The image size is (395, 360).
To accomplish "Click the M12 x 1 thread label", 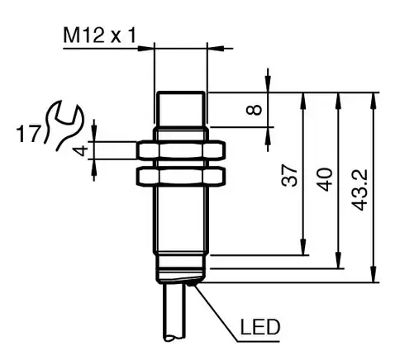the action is [x=99, y=36].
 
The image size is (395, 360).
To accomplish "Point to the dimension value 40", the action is [x=325, y=180].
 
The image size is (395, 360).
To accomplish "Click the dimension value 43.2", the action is [x=359, y=190].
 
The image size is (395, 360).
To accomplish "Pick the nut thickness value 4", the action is [x=81, y=151].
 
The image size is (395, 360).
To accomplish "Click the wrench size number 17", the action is [x=28, y=134].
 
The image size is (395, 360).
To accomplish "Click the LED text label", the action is [x=260, y=327].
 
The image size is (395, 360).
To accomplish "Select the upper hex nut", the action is [x=181, y=150].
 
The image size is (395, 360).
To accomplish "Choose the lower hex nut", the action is [x=181, y=177].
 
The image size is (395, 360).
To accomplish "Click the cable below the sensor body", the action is [x=174, y=311].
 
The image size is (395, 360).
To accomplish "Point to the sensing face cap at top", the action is [x=181, y=109].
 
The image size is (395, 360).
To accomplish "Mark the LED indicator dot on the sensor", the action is [x=193, y=283].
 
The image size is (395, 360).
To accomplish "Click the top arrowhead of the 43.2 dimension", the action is [x=374, y=100].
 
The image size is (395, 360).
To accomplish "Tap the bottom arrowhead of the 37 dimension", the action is [x=303, y=248].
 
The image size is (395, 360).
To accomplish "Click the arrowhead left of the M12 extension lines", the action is [x=145, y=49].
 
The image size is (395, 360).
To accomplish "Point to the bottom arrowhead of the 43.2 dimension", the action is [x=374, y=274].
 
